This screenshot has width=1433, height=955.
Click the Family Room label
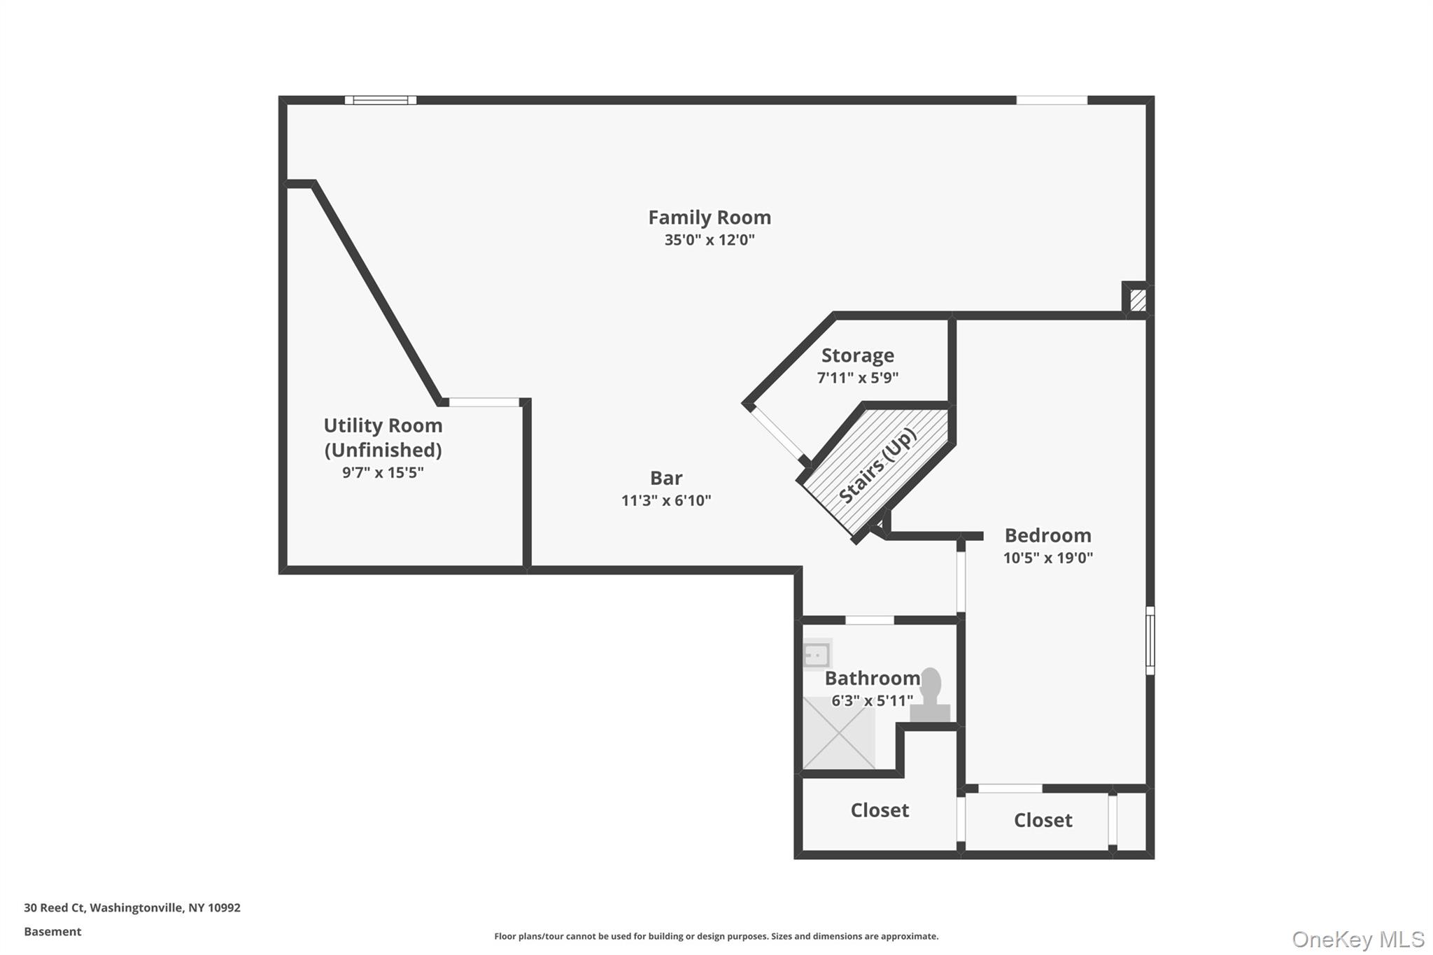tap(710, 218)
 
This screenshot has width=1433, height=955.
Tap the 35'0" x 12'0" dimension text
tap(710, 240)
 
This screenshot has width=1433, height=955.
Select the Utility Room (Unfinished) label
tap(383, 437)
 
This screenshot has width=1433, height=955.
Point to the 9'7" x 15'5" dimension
tap(383, 472)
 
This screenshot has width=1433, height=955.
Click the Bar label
tap(666, 478)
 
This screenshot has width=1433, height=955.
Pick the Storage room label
tap(857, 355)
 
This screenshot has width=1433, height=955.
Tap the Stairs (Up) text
tap(877, 465)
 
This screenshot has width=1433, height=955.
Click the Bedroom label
tap(1047, 535)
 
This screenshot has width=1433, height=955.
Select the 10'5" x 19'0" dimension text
tap(1047, 558)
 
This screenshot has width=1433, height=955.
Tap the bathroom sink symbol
tap(817, 655)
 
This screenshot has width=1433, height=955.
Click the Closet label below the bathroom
tap(880, 810)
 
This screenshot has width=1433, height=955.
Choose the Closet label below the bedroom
tap(1043, 820)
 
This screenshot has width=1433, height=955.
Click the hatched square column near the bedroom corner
tap(1138, 300)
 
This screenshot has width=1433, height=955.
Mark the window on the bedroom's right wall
tap(1150, 640)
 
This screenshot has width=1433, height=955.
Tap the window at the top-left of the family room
tap(381, 100)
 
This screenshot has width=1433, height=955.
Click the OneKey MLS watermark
tap(1357, 939)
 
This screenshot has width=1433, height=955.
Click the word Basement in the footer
tap(52, 931)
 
